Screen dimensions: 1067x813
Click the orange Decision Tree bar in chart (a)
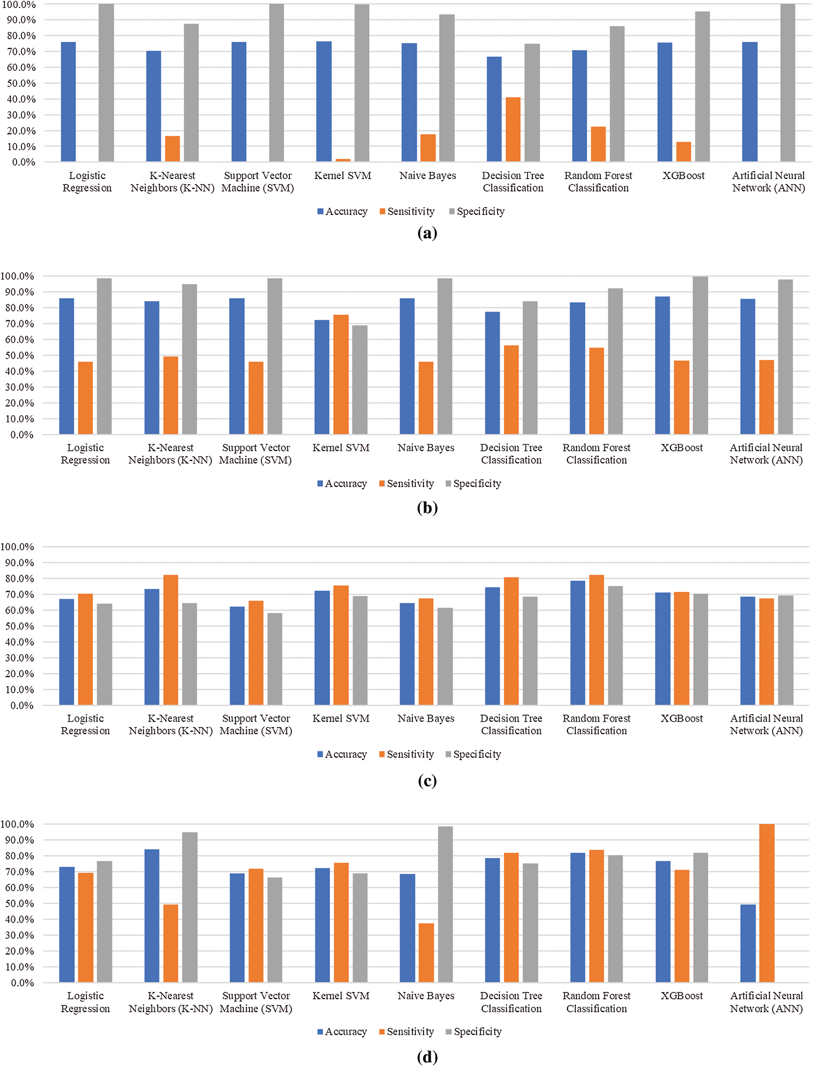tap(513, 130)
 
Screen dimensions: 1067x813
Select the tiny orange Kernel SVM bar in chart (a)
tap(343, 160)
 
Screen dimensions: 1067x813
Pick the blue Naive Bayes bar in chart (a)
tap(409, 102)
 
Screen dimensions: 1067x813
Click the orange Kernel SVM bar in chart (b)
tap(341, 375)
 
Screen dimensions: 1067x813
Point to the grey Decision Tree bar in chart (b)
tap(530, 368)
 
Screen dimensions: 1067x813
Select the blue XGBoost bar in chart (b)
tap(663, 365)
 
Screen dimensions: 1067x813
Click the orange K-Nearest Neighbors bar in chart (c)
tap(171, 640)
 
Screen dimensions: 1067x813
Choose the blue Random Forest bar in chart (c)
tap(578, 643)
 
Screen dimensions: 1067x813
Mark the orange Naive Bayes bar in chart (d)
tap(426, 953)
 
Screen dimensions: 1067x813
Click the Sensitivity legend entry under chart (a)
tap(407, 211)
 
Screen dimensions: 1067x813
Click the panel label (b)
tap(427, 507)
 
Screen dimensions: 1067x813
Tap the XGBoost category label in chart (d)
tap(681, 995)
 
